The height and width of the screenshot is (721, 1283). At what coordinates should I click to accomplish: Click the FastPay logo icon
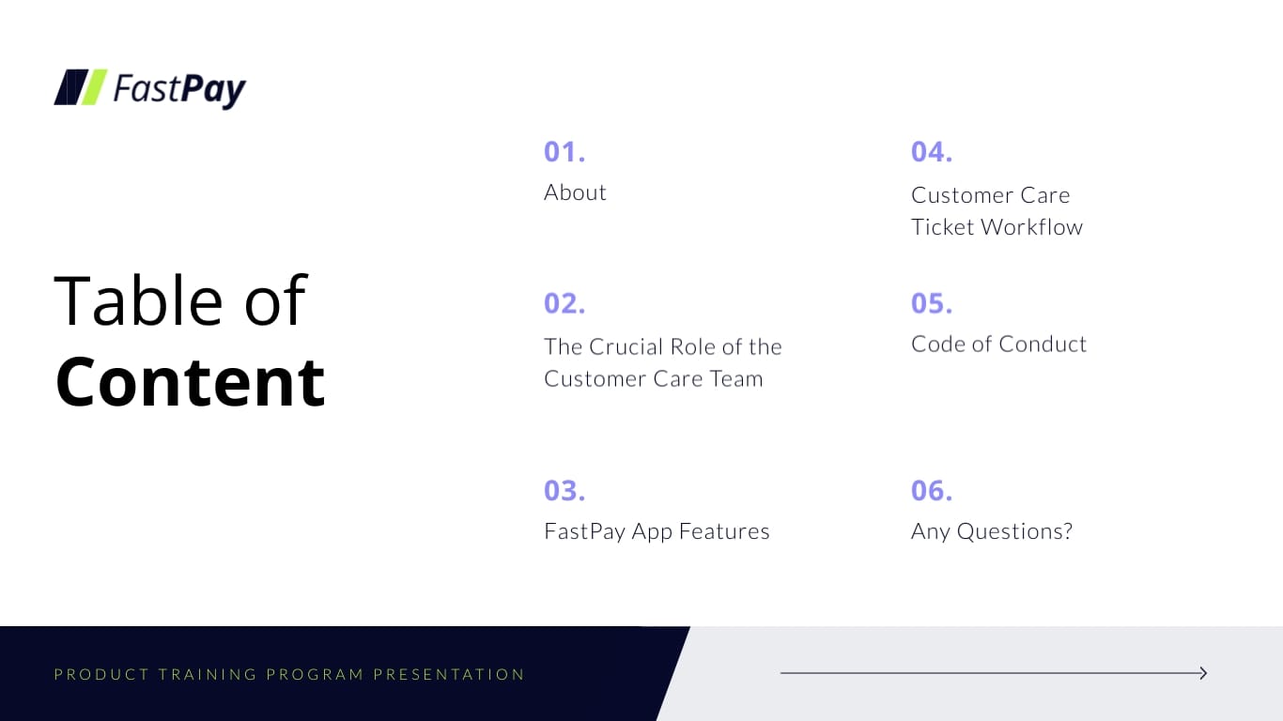[81, 87]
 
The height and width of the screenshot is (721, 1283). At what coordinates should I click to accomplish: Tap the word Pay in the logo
[213, 90]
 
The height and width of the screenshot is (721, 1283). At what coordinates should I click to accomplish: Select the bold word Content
[191, 382]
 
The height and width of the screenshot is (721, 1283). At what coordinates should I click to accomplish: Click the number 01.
[564, 151]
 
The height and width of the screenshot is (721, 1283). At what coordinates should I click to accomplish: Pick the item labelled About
[575, 192]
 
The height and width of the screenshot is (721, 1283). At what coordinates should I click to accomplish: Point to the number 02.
[564, 303]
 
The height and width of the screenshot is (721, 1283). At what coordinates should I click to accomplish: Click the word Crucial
[625, 346]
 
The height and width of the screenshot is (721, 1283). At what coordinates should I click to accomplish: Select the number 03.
[564, 490]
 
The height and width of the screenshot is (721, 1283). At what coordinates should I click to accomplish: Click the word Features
[724, 531]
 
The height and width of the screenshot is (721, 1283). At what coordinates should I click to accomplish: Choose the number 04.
[932, 151]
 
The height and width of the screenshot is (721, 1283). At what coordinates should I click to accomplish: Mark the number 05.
[932, 303]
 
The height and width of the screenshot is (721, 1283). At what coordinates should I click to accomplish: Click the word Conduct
[1043, 344]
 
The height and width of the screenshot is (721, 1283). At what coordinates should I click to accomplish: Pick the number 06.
[932, 490]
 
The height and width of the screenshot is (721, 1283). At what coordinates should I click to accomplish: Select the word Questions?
[1014, 531]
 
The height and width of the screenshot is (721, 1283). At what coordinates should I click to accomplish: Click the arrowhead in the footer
[1202, 673]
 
